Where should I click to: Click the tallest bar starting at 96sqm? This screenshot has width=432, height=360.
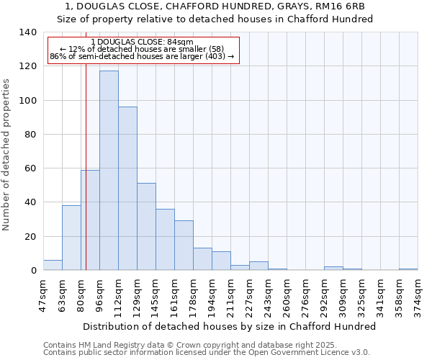[109, 171]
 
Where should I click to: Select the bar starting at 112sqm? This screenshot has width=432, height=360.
[127, 189]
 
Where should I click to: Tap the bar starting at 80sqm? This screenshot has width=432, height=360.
[90, 220]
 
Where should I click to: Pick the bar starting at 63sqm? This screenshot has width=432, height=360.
[71, 238]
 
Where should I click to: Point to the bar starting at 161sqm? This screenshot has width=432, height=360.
[184, 246]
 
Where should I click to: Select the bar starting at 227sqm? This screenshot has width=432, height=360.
[258, 266]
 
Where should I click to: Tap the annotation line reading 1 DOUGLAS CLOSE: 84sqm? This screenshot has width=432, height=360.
[143, 42]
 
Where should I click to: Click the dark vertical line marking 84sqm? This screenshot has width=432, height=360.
[86, 180]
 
